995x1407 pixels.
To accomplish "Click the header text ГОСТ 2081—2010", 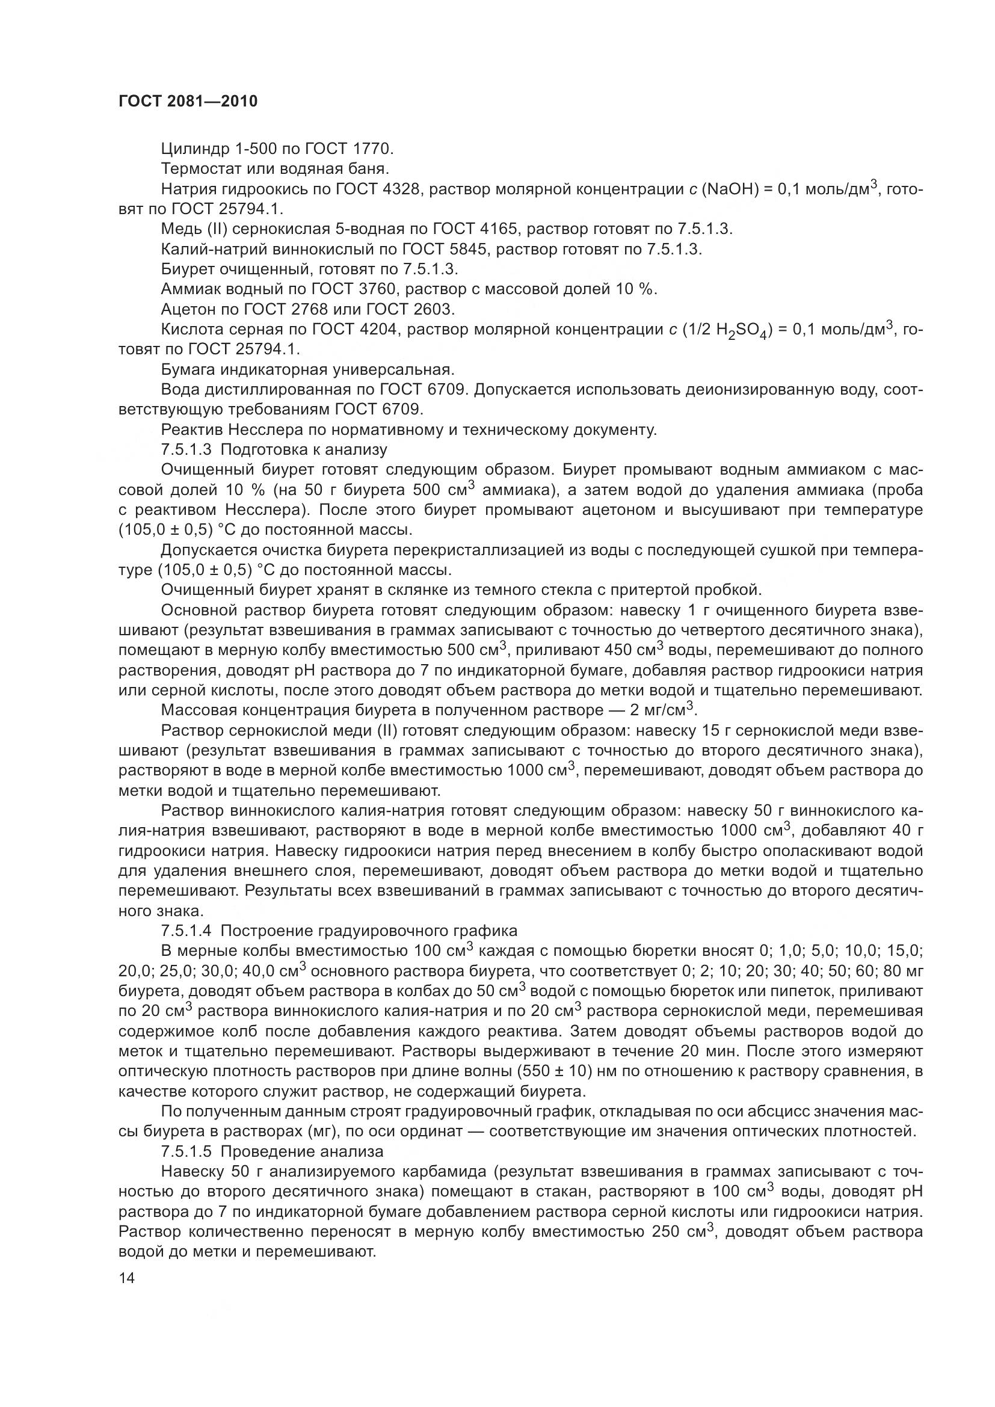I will click(188, 101).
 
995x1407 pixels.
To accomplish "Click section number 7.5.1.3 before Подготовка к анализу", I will click(186, 449).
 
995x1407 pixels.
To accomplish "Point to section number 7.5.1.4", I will click(186, 930).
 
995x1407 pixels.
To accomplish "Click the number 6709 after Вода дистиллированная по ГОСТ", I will click(442, 390).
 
